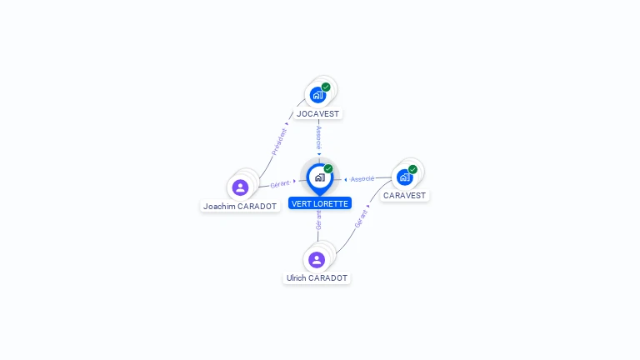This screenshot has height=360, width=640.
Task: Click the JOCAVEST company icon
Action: [x=317, y=95]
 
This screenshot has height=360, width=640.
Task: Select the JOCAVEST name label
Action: [x=317, y=114]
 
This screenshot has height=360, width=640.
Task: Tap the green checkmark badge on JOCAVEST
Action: [x=326, y=87]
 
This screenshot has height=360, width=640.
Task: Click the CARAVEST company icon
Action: [x=404, y=177]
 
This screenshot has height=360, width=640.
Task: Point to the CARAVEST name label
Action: [x=404, y=196]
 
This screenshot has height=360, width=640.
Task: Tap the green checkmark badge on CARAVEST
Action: [x=412, y=169]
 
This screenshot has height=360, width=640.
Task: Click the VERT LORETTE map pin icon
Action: [x=320, y=179]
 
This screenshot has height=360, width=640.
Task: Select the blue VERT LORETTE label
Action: [x=320, y=203]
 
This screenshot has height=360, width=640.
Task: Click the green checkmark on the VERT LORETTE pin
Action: [x=328, y=168]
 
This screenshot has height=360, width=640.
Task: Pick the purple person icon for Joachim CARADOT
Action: [x=240, y=187]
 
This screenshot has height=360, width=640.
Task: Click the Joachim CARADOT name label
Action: [x=240, y=207]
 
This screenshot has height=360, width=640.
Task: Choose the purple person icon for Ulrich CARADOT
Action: [x=317, y=260]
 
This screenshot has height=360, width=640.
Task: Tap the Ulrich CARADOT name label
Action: [x=317, y=278]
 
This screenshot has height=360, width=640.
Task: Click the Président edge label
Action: [x=280, y=142]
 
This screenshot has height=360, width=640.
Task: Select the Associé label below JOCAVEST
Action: [x=319, y=138]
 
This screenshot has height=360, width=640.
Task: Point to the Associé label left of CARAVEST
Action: [x=362, y=179]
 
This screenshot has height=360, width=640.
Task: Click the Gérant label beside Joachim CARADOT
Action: [x=280, y=184]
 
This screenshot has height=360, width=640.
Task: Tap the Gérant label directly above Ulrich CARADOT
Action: [x=318, y=220]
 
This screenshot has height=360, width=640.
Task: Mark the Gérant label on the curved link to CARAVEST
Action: [x=361, y=219]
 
